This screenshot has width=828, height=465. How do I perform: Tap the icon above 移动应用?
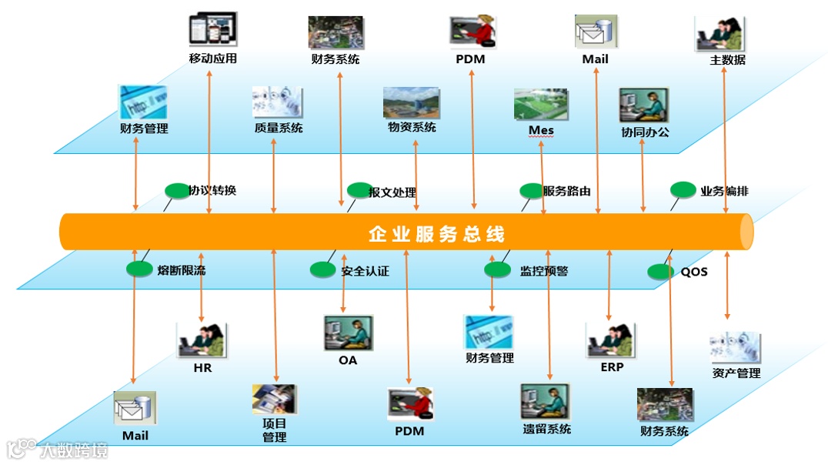tap(212, 30)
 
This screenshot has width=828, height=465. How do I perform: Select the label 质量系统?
tap(279, 128)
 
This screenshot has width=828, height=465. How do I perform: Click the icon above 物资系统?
tap(412, 103)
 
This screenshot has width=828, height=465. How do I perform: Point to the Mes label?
tap(541, 130)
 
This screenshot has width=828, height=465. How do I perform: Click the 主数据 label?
tap(727, 59)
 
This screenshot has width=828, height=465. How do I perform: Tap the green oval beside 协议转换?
tap(177, 190)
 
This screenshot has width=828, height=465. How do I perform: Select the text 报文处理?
tap(392, 192)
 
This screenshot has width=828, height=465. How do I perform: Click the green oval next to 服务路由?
tap(532, 190)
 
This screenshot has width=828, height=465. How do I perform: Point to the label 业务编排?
tap(724, 191)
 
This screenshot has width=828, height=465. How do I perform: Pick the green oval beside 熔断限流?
tap(139, 269)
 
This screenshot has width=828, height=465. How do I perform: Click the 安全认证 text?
tap(366, 271)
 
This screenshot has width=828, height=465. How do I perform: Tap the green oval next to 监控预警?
tap(497, 269)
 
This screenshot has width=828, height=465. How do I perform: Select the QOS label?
tap(694, 272)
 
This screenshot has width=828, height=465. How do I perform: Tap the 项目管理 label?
tap(275, 430)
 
